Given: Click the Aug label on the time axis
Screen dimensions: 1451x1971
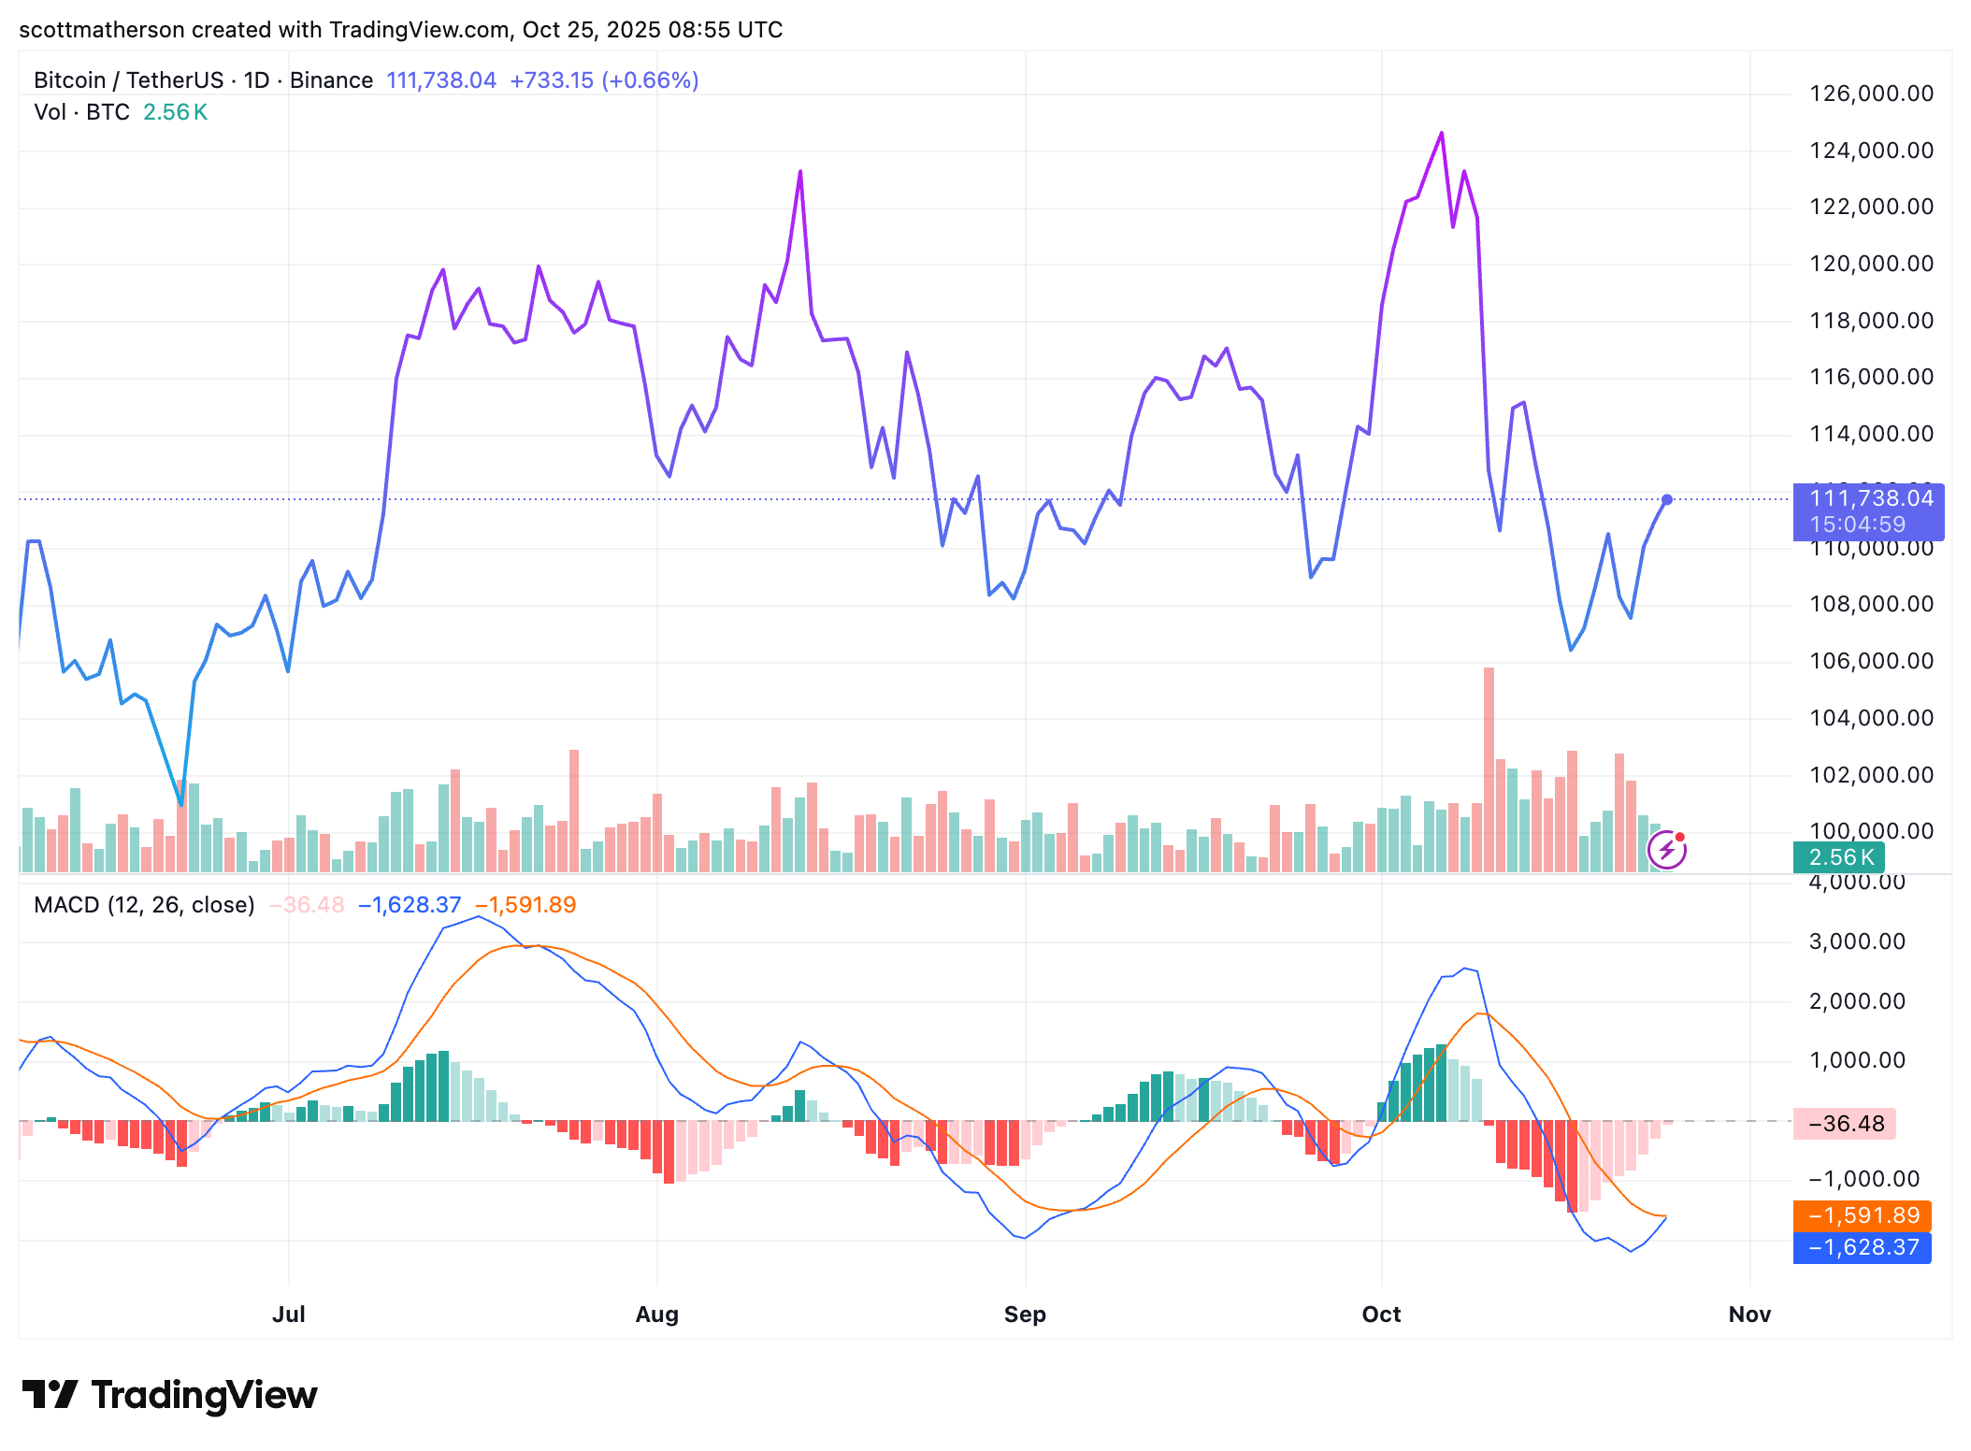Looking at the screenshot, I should tap(656, 1315).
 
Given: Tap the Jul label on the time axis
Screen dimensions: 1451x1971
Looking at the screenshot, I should tap(288, 1315).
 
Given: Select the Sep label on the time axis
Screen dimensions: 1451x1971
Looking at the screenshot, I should tap(1025, 1315).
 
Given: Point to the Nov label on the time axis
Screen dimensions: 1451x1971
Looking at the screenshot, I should tap(1749, 1315).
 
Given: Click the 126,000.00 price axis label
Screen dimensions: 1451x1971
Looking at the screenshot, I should tap(1871, 93).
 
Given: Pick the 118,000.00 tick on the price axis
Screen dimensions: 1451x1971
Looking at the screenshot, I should tap(1871, 321).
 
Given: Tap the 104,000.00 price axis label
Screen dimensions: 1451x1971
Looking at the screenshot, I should tap(1871, 718).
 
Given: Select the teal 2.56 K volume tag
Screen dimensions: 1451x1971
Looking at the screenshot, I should tap(1838, 857).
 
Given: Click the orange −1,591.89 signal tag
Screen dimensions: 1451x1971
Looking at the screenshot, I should tap(1862, 1215).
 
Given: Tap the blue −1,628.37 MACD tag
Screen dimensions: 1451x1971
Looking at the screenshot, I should tap(1862, 1247).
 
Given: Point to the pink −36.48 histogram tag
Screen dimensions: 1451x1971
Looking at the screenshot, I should tap(1844, 1124).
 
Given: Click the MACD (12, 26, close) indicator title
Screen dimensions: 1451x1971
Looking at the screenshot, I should tap(144, 905).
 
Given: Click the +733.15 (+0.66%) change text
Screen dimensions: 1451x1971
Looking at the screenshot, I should tap(604, 80).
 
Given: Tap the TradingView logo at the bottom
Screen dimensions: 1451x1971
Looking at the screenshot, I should tap(169, 1395).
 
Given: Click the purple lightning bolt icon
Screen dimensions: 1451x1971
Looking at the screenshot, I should tap(1666, 851).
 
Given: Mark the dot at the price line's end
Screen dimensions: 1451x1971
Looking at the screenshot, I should tap(1667, 500).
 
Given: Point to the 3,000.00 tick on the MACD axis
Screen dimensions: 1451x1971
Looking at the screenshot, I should tap(1856, 941).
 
